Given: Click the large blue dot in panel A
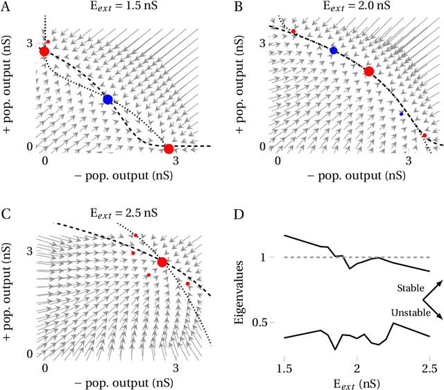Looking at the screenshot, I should pos(108,99).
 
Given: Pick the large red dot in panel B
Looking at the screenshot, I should pos(369,71).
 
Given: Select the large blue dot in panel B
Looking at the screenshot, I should pos(334,51).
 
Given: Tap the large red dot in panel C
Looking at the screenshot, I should pos(162,262).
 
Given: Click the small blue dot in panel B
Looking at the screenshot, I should pos(401,114).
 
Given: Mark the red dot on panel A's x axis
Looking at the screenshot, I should pos(169,148).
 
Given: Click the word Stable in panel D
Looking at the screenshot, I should pos(411,287).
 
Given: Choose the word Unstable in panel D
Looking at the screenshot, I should pos(407,314).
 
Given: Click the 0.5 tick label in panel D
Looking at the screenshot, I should pos(267,323).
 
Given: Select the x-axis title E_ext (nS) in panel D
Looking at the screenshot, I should pos(357,381).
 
